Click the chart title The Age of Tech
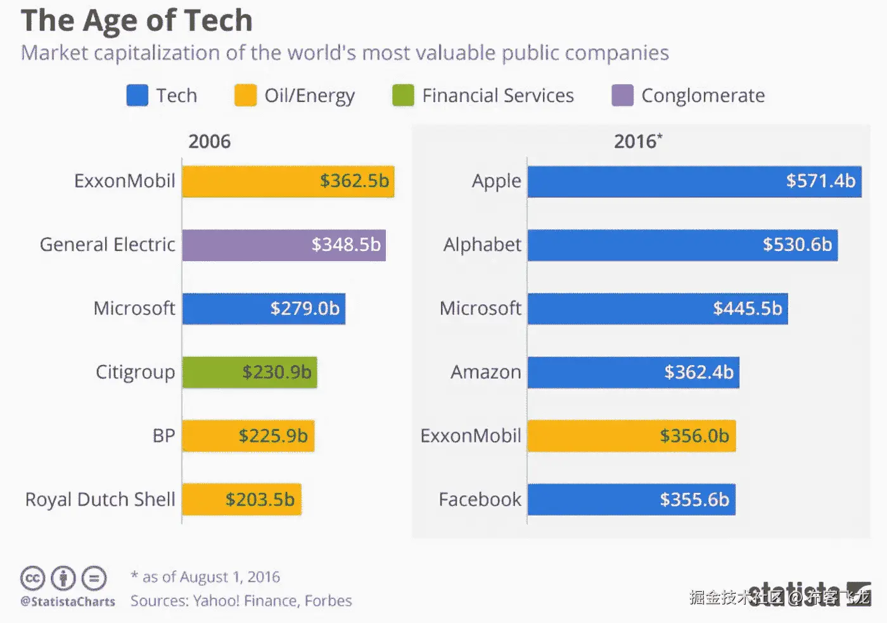tap(137, 20)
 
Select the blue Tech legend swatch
tap(137, 96)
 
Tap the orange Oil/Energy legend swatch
tap(245, 96)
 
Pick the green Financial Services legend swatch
tap(403, 96)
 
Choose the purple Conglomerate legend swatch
tap(622, 96)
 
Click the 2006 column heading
tap(209, 141)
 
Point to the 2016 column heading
tap(637, 141)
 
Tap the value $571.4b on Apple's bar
tap(820, 181)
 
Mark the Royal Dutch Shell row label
tap(100, 499)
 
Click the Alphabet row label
tap(482, 245)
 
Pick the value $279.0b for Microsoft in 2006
tap(305, 309)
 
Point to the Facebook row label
tap(480, 499)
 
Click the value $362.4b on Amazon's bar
tap(699, 372)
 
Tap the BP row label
tap(163, 436)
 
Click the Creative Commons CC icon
tap(32, 578)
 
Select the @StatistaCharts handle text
tap(68, 601)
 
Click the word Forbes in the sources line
tap(328, 601)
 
